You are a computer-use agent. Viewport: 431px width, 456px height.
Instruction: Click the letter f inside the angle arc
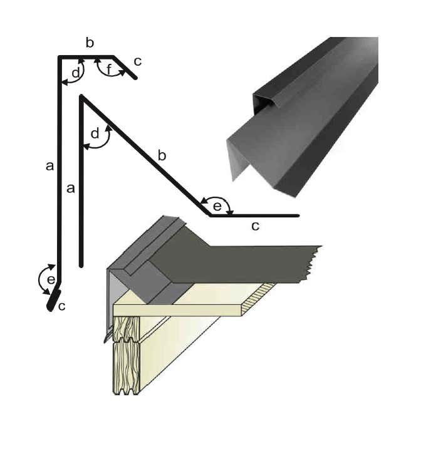[x=109, y=69]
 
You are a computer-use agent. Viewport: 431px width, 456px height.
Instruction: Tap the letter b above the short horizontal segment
[x=90, y=43]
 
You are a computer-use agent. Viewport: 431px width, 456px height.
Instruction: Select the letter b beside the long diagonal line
[x=162, y=155]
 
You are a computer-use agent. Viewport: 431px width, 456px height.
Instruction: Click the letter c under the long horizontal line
[x=255, y=226]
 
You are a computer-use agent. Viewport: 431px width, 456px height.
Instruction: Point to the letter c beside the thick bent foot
[x=61, y=306]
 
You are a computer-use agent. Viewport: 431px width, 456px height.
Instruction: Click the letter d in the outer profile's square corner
[x=75, y=73]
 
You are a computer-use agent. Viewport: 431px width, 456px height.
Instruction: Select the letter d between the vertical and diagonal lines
[x=95, y=133]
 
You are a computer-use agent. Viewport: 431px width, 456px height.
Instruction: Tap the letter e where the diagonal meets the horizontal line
[x=217, y=205]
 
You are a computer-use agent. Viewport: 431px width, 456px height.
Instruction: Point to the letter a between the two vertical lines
[x=70, y=188]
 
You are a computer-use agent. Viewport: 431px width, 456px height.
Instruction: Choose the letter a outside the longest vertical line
[x=50, y=166]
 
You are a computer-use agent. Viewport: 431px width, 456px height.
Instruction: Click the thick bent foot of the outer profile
[x=53, y=299]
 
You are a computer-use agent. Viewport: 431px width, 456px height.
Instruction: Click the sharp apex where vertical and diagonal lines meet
[x=81, y=96]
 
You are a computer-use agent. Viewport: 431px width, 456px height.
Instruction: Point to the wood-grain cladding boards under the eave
[x=126, y=357]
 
